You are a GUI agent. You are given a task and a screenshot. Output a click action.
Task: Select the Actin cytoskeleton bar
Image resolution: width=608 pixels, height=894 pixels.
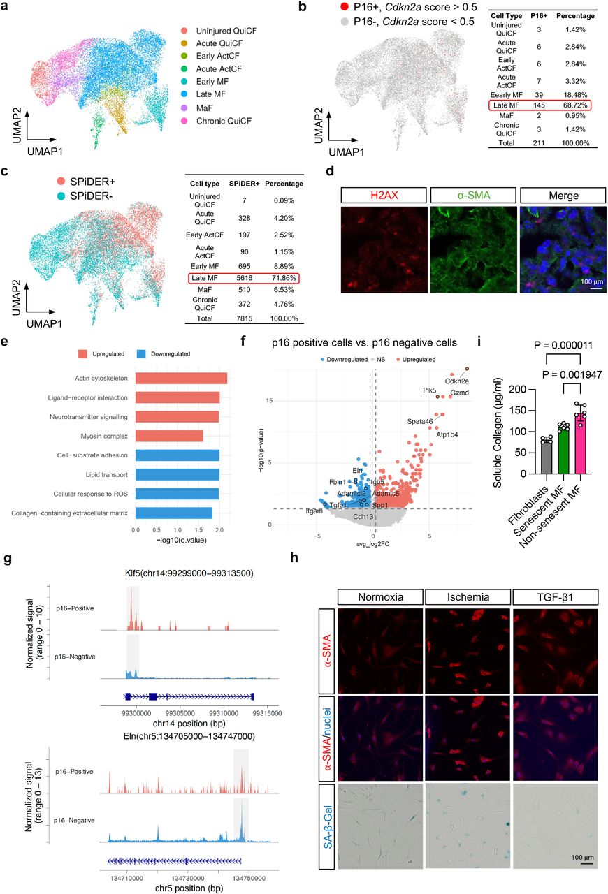181,379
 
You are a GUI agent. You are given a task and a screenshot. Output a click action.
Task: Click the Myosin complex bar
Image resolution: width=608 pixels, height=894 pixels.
168,437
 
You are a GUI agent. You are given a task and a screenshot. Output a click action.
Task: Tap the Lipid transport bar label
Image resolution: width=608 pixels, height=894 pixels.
103,474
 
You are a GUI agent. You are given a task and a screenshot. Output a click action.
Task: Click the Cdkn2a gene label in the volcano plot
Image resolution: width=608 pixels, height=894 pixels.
456,381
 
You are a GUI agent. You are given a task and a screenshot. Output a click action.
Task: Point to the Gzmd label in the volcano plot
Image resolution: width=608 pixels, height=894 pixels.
459,393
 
